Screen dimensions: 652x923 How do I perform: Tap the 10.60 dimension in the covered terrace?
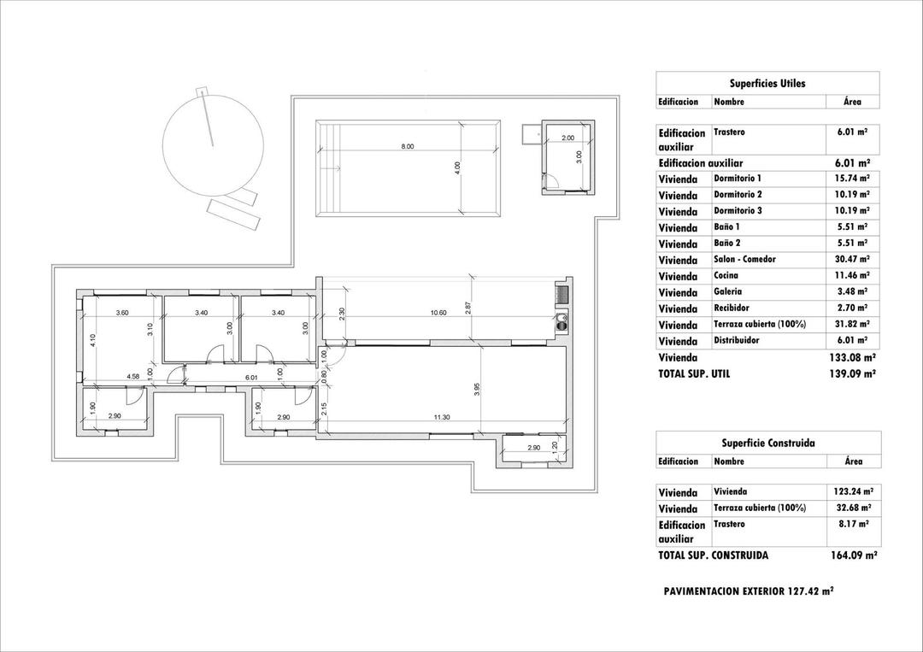(438, 314)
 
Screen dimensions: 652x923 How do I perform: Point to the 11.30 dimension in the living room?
(442, 417)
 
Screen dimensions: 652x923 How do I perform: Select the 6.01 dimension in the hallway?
(251, 376)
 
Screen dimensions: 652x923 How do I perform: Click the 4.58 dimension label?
(133, 376)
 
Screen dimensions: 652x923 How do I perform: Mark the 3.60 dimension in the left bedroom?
(122, 314)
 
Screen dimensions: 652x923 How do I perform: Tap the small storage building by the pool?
(568, 157)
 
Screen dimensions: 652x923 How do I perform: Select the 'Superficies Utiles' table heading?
(767, 84)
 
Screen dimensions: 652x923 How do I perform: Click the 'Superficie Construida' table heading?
(767, 443)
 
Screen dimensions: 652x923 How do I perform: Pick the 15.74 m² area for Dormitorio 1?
(851, 179)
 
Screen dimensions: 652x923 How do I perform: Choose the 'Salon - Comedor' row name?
(744, 260)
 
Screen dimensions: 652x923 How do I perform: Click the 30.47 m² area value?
(851, 260)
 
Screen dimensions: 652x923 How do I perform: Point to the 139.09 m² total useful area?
(851, 374)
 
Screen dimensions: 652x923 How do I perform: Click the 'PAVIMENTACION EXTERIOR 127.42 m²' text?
(748, 591)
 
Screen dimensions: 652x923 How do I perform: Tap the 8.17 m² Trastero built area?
(851, 524)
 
